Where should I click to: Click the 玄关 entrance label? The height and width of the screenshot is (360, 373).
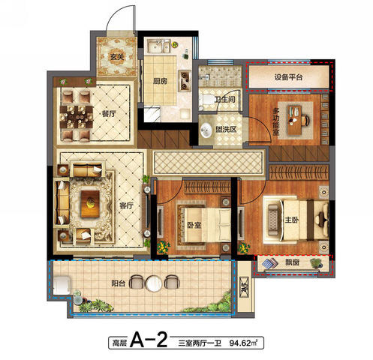(x=117, y=57)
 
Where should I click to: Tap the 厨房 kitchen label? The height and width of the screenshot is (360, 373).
(x=160, y=81)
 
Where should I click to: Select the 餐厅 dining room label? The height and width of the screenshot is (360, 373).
(x=109, y=114)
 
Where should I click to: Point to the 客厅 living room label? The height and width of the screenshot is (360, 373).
(x=126, y=205)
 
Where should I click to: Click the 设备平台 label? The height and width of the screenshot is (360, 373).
(x=288, y=77)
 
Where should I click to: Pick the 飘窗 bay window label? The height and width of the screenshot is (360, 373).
(x=292, y=262)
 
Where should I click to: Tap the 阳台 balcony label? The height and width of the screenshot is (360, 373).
(x=119, y=283)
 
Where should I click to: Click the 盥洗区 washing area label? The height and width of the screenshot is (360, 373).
(x=226, y=129)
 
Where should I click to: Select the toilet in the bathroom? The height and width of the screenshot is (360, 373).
(x=206, y=100)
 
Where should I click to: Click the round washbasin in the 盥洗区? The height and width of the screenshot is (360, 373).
(x=206, y=130)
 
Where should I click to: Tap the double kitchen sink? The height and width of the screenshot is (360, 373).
(x=159, y=46)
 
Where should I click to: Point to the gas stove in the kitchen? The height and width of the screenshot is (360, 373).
(x=185, y=81)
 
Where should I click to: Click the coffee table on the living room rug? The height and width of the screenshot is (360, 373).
(x=90, y=203)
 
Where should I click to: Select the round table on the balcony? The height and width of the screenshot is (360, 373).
(x=154, y=283)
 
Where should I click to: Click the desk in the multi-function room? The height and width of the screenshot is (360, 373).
(x=294, y=120)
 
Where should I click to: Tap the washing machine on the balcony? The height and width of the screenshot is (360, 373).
(x=62, y=285)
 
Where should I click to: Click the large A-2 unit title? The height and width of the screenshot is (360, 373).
(x=149, y=340)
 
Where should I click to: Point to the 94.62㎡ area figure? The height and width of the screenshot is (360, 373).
(x=243, y=343)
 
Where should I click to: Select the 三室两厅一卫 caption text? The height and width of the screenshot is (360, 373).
(x=200, y=343)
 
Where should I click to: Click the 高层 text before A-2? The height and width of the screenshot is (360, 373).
(x=119, y=343)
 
